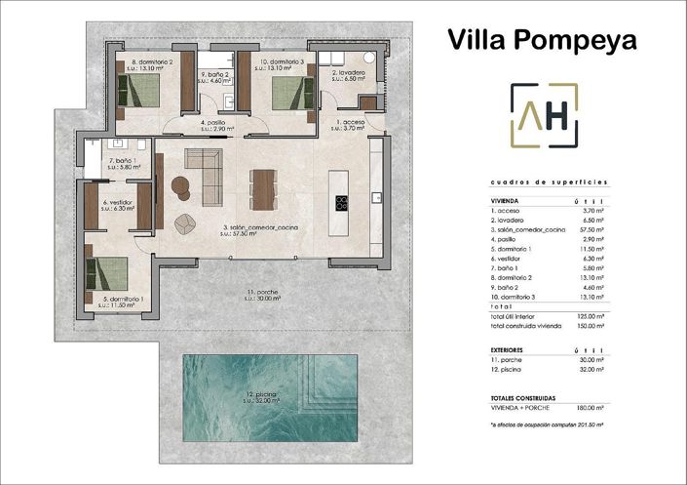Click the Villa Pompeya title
[542, 39]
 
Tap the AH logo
[544, 116]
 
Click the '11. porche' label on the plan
[264, 292]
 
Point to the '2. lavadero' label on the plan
[348, 72]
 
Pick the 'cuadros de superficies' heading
[548, 182]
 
